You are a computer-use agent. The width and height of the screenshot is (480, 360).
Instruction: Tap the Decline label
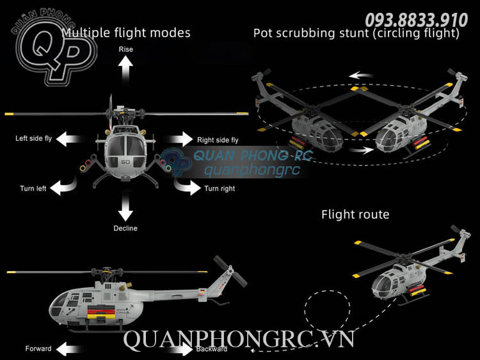click(x=125, y=228)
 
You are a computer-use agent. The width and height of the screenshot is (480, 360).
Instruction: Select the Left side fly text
click(x=34, y=138)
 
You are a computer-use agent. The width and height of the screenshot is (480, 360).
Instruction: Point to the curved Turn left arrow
click(x=63, y=186)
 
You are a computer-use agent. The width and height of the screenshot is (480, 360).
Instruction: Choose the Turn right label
click(x=220, y=189)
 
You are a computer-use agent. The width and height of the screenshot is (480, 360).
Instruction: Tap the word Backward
click(x=211, y=349)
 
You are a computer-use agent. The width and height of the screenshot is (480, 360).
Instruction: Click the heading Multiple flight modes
click(x=126, y=32)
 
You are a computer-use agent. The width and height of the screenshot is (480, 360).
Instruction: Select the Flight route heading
click(x=355, y=214)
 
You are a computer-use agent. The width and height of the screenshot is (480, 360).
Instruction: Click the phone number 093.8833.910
click(x=416, y=19)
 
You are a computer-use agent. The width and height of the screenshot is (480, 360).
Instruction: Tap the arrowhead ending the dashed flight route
click(x=255, y=350)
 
